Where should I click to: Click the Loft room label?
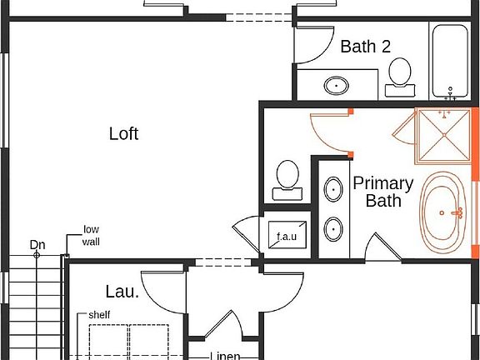[x=123, y=133]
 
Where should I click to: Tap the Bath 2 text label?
[x=365, y=47]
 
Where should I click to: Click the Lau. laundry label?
[x=121, y=292]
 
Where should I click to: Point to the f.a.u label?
[x=287, y=237]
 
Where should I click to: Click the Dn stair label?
[x=37, y=244]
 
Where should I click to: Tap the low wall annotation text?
[x=91, y=236]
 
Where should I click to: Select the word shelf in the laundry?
[x=99, y=315]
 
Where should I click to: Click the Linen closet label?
[x=224, y=355]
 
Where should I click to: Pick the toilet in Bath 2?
[x=400, y=73]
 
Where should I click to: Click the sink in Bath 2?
[x=337, y=84]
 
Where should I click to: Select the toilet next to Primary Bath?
[x=287, y=177]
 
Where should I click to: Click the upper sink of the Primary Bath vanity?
[x=332, y=188]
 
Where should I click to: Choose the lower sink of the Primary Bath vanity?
[x=332, y=227]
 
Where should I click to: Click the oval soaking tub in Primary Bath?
[x=446, y=212]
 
